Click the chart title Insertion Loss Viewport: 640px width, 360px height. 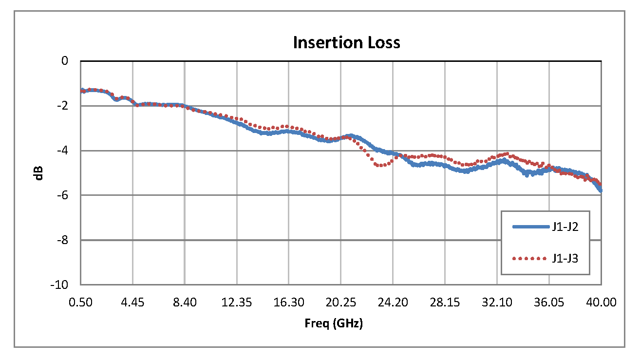click(x=346, y=43)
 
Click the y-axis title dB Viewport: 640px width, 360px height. click(x=39, y=173)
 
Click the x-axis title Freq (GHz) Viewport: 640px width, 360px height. click(x=334, y=323)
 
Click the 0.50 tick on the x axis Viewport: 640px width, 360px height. click(x=81, y=303)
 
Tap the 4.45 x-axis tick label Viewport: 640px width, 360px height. click(x=132, y=303)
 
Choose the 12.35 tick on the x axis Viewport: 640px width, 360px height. click(x=236, y=303)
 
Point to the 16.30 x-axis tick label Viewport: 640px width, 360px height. click(x=288, y=303)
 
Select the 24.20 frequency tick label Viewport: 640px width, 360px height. click(x=393, y=303)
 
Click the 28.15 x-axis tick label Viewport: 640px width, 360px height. click(x=445, y=303)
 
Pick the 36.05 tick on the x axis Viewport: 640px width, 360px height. click(x=549, y=303)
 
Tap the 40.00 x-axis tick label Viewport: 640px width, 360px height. click(x=601, y=303)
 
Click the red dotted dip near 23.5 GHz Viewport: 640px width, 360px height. click(x=381, y=165)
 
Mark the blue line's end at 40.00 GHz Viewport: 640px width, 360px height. click(x=601, y=190)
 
